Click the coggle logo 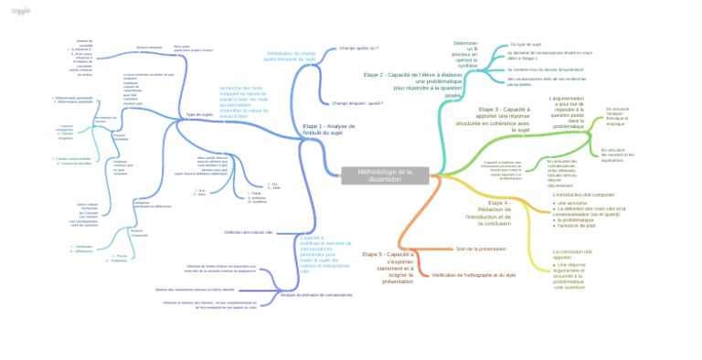[20, 11]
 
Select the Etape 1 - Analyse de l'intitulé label [327, 130]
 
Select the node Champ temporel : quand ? [356, 103]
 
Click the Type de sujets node [199, 115]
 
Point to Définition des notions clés [249, 232]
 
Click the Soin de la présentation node [481, 249]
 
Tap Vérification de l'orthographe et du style [474, 274]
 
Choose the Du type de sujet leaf [526, 44]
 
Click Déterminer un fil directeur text [466, 54]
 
